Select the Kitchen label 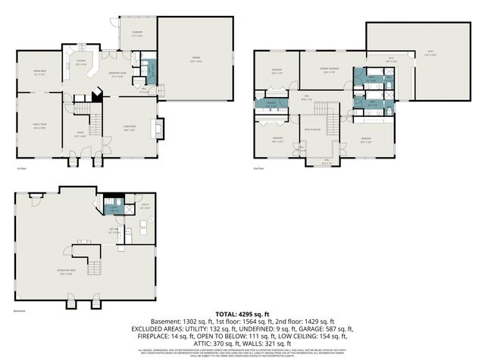80,64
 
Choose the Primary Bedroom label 328,70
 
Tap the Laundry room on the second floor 271,104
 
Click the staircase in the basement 94,266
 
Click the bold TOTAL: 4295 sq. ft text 242,313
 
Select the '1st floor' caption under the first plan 21,168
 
